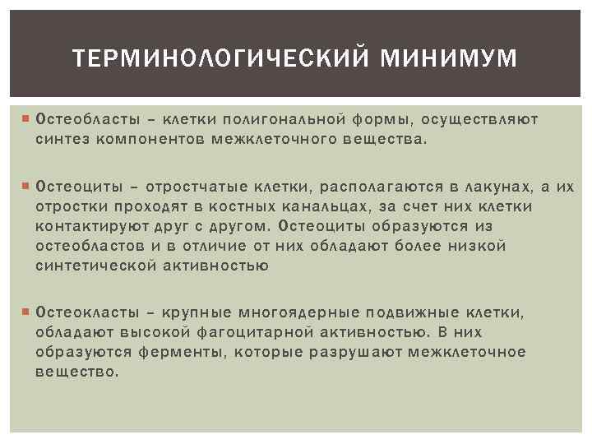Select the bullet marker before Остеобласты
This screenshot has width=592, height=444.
[x=26, y=119]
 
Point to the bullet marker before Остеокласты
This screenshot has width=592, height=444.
[x=26, y=312]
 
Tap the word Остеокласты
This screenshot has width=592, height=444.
[x=81, y=313]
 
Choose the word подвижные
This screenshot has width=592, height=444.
[x=403, y=313]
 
